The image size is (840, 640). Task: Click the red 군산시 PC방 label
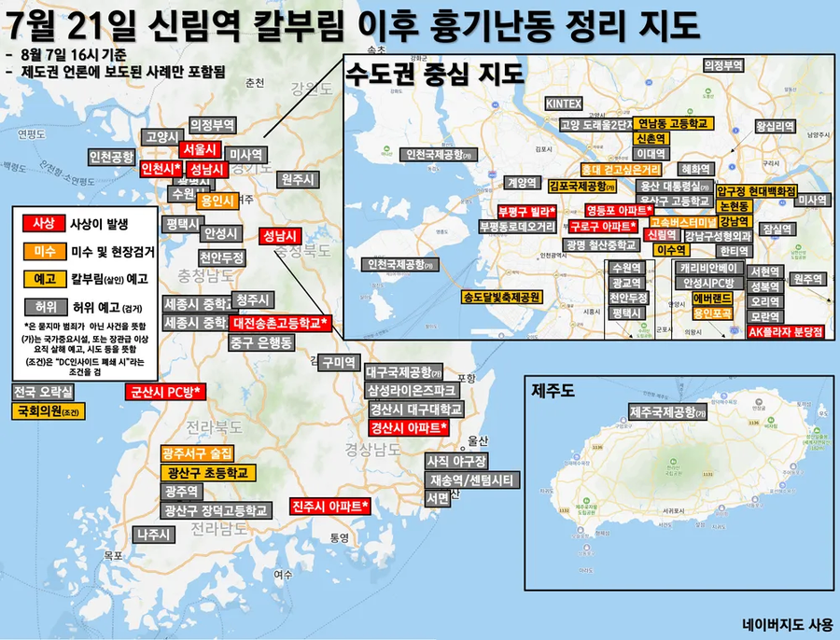(163, 392)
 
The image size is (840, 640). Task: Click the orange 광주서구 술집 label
(200, 454)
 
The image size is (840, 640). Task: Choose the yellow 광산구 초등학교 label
(207, 473)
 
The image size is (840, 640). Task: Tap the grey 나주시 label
(155, 535)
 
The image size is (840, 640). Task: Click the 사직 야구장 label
(456, 461)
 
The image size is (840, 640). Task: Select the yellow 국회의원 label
(45, 410)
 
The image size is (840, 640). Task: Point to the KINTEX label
(564, 103)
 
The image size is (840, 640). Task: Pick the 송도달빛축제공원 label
(502, 299)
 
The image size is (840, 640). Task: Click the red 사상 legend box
(44, 223)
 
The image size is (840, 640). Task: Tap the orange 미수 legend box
(44, 250)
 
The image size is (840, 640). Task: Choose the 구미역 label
(338, 362)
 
